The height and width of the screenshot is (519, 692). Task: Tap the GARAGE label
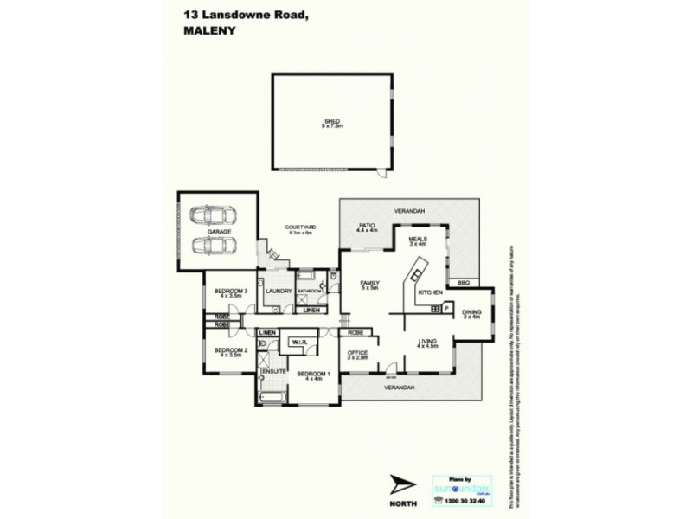[218, 232]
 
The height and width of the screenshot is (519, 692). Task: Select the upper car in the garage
[214, 215]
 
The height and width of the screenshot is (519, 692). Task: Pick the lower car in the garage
[214, 246]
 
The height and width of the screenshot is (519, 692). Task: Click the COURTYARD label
[299, 227]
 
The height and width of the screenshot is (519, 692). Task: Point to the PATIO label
[367, 226]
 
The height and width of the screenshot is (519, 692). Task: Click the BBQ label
[463, 283]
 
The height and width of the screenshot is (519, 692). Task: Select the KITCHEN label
[430, 292]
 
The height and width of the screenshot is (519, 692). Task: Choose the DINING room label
[471, 312]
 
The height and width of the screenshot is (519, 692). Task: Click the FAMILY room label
[370, 283]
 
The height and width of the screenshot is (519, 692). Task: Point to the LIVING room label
[428, 343]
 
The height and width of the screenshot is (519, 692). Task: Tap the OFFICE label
[358, 353]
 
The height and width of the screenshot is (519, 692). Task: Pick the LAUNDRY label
[278, 291]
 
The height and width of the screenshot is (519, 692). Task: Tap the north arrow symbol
[402, 486]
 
